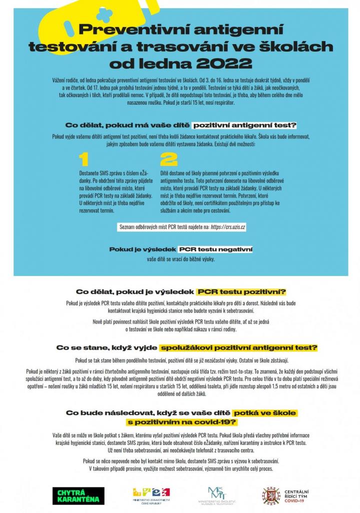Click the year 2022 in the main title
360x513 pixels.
tap(226, 64)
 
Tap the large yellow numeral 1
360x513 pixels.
tap(84, 159)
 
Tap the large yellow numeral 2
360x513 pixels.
tap(169, 159)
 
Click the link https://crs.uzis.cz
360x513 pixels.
tap(228, 227)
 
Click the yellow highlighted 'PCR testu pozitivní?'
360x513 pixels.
tap(241, 292)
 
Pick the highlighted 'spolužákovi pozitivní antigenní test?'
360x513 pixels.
tap(239, 347)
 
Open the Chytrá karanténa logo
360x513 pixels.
tap(78, 495)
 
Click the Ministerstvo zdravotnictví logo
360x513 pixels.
tap(151, 495)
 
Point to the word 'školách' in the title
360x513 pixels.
tap(301, 47)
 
